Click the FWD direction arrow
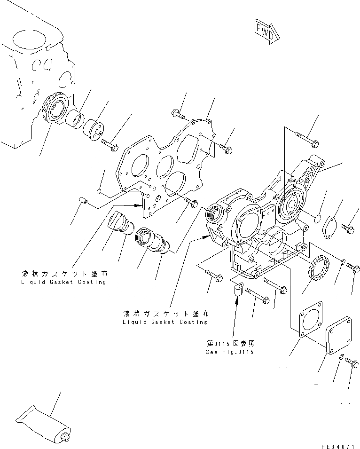coord(266,31)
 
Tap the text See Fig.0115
coord(229,352)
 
